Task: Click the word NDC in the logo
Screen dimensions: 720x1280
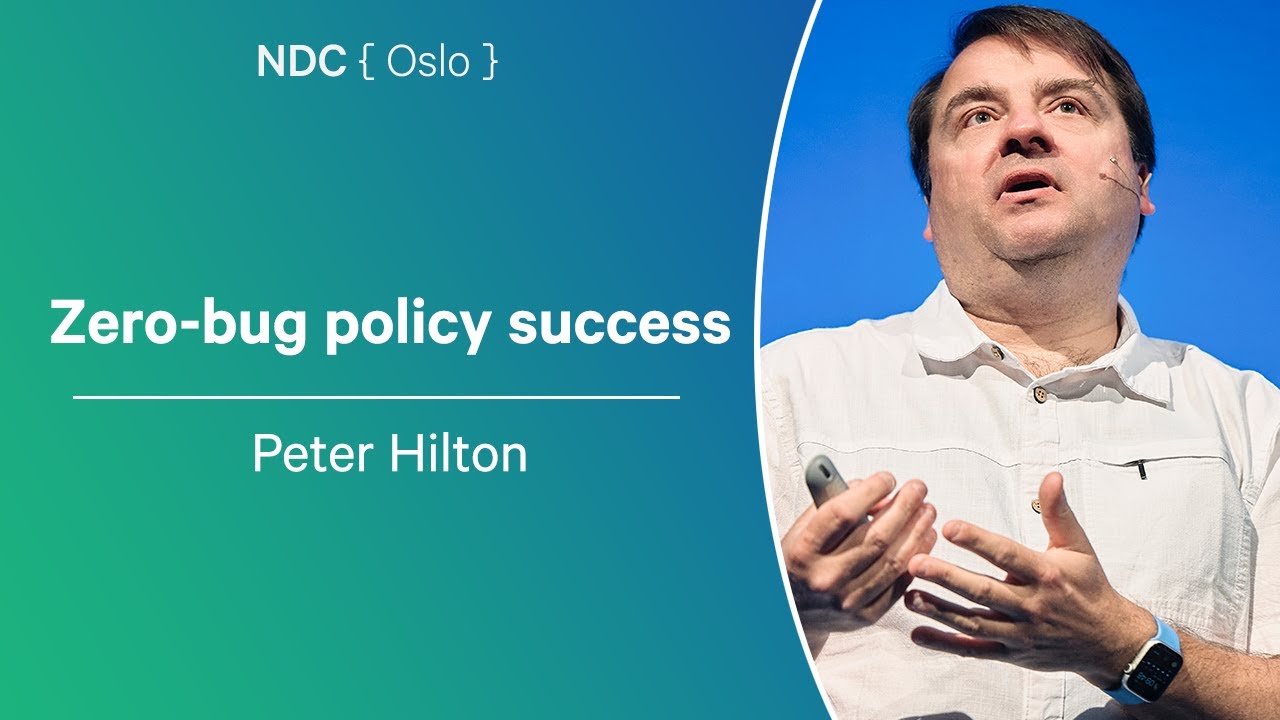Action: tap(301, 62)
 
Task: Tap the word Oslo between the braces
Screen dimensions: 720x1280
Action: tap(428, 62)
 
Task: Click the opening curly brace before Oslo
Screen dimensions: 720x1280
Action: tap(366, 63)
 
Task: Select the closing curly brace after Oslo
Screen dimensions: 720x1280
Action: tap(488, 63)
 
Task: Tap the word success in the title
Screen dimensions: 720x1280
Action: tap(619, 323)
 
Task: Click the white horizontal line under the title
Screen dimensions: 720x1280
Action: tap(376, 397)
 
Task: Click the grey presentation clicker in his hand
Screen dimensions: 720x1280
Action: tap(826, 479)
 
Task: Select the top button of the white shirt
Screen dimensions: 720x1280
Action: tap(997, 352)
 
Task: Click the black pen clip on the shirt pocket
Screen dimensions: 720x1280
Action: tap(1140, 466)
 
